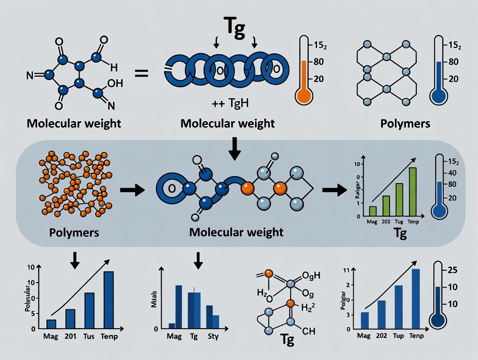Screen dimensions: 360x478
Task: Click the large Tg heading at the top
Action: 234,30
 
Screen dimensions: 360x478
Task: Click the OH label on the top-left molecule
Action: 111,84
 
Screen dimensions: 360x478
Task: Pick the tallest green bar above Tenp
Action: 412,192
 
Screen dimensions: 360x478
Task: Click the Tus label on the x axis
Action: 88,336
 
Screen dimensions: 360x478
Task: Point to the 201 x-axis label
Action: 70,336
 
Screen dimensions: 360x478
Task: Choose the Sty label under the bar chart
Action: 213,336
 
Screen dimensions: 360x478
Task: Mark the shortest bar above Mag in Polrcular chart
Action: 51,324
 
